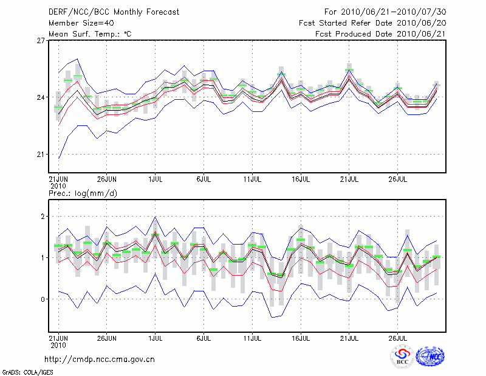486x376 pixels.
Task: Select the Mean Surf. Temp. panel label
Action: coord(90,33)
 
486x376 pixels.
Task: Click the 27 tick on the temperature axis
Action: coord(41,41)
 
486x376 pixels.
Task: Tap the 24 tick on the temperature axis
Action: coord(41,97)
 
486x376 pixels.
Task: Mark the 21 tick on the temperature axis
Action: coord(41,154)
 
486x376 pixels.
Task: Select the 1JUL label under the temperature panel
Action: coord(156,179)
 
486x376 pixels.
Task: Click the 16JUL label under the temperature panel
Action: coord(301,179)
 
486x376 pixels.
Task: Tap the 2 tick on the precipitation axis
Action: coord(43,216)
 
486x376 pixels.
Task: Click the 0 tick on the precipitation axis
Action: coord(43,299)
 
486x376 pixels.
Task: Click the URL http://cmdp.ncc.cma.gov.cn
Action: coord(100,359)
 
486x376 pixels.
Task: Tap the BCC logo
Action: coord(402,357)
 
